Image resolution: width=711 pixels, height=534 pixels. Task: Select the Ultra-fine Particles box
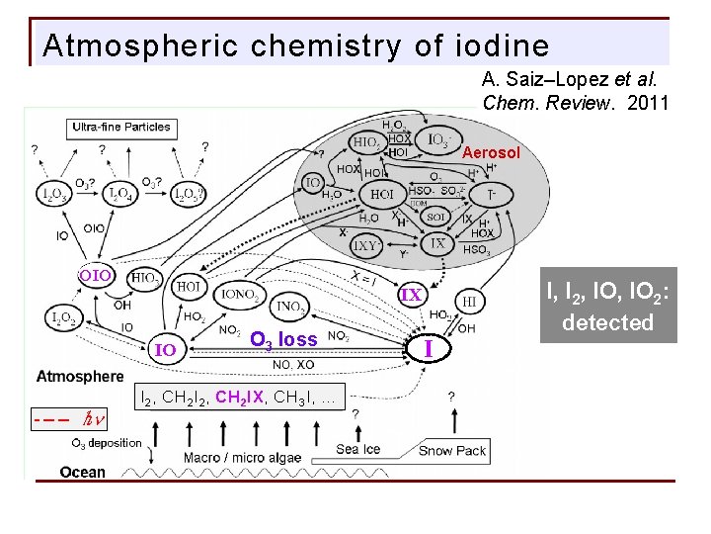point(120,127)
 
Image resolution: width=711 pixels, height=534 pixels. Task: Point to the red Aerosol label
point(491,153)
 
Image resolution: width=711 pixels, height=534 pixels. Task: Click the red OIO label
point(96,275)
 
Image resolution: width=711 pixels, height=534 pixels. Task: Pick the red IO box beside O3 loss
point(166,349)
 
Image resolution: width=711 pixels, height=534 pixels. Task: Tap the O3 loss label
point(283,339)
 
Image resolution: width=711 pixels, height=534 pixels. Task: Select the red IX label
point(411,295)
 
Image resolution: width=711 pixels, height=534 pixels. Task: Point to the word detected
point(607,322)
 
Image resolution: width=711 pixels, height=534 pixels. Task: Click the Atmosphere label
point(81,376)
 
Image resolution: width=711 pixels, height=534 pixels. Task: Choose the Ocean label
point(83,472)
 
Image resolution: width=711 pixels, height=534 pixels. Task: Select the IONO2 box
point(241,294)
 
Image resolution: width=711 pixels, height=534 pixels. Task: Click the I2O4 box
point(122,193)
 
